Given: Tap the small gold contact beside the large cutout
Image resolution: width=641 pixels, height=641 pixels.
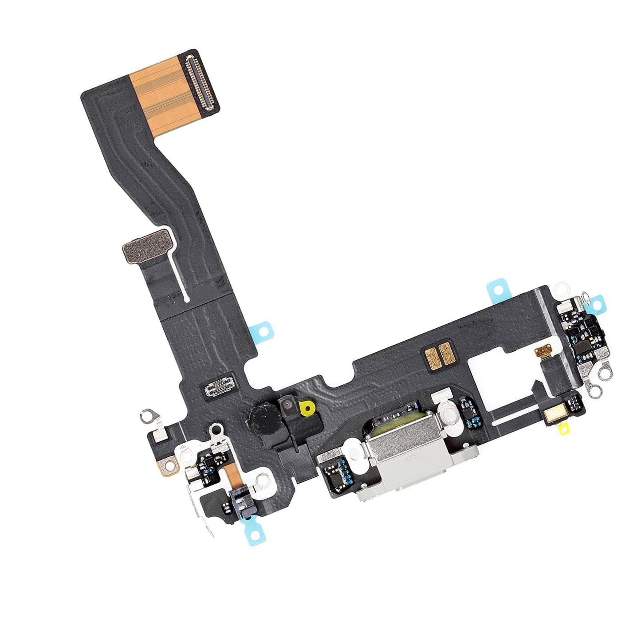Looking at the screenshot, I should tap(542, 353).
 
